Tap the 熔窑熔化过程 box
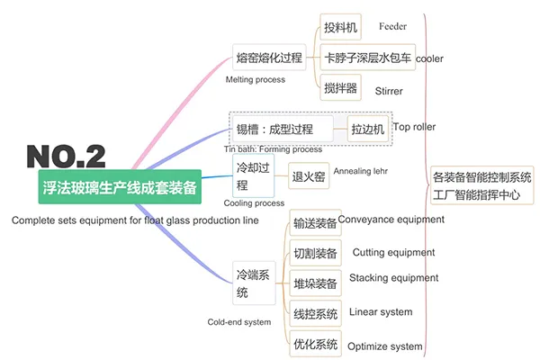tap(268, 56)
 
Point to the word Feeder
tap(393, 27)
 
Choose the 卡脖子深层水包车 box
tap(367, 59)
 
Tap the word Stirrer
tap(389, 91)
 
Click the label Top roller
tap(414, 127)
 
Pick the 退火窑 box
tap(309, 177)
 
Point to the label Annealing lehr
tap(365, 169)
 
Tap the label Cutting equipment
tap(393, 253)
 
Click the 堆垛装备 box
tap(316, 284)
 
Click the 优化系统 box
tap(316, 344)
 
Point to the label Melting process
tap(255, 79)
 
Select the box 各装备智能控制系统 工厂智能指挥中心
tap(482, 184)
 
